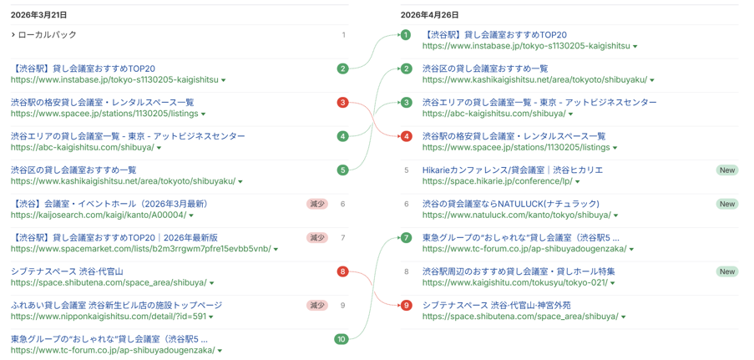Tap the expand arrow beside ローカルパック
tap(13, 34)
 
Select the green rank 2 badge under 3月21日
tap(342, 68)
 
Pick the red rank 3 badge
tap(342, 103)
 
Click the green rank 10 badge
tap(342, 339)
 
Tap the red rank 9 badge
tap(407, 305)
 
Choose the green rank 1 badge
tap(407, 35)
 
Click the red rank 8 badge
tap(342, 271)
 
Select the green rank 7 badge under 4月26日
tap(407, 238)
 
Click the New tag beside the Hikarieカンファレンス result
tap(727, 170)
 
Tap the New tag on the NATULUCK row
tap(727, 204)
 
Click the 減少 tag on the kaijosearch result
tap(317, 204)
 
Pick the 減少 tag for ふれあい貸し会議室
tap(317, 305)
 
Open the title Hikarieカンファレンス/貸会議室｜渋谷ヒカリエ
tap(513, 170)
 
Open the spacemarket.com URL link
tap(141, 249)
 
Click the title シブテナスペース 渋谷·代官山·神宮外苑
tap(497, 305)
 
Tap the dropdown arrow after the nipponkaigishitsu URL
tap(211, 317)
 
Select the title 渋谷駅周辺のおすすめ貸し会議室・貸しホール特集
tap(519, 271)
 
